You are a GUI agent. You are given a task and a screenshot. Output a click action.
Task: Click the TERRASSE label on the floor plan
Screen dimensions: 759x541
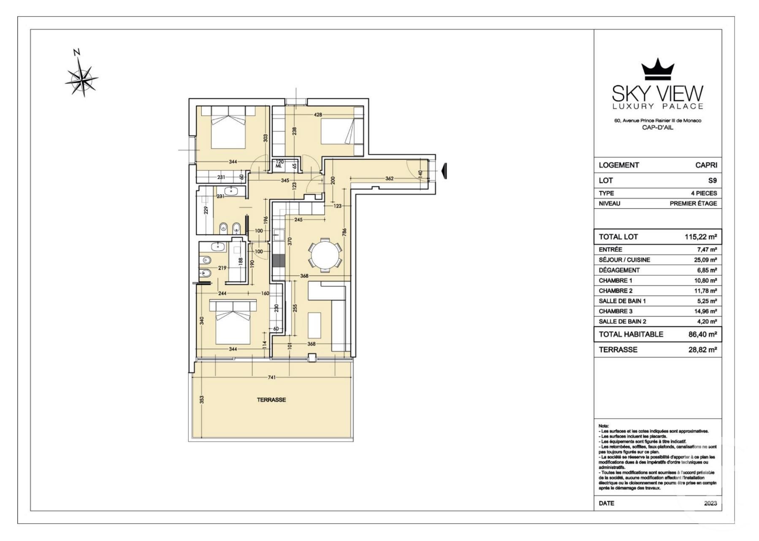pos(271,400)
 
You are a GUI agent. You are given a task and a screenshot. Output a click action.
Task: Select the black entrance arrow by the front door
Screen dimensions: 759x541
pos(444,171)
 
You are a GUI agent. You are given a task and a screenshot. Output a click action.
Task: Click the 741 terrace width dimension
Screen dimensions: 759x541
pos(272,377)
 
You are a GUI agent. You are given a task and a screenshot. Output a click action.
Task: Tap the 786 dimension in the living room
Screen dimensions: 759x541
pos(344,233)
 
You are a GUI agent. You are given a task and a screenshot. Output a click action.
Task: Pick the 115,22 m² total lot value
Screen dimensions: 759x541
pos(700,237)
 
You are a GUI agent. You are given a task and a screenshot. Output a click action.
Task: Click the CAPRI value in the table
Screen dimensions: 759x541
pos(706,165)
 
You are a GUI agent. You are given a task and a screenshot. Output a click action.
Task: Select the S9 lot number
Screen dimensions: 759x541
pos(713,181)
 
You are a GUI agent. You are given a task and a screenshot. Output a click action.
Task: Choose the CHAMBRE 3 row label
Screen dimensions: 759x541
pos(615,311)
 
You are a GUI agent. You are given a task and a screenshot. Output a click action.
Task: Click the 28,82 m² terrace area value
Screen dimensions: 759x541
pos(702,349)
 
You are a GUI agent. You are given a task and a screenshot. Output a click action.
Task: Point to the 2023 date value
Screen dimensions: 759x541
pos(710,503)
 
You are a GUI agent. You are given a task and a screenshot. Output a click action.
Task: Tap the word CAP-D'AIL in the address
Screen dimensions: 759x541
pos(658,128)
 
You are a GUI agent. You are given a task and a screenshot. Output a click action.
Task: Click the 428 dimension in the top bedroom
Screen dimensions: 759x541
pos(318,115)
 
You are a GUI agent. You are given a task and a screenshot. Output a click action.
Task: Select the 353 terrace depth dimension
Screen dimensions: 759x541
pos(202,400)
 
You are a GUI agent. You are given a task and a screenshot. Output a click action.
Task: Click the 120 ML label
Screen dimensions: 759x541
pos(279,164)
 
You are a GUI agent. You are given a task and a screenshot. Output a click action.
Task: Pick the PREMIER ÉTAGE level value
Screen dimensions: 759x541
pos(693,203)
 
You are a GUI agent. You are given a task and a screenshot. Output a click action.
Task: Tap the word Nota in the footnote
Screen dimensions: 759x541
pos(604,426)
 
